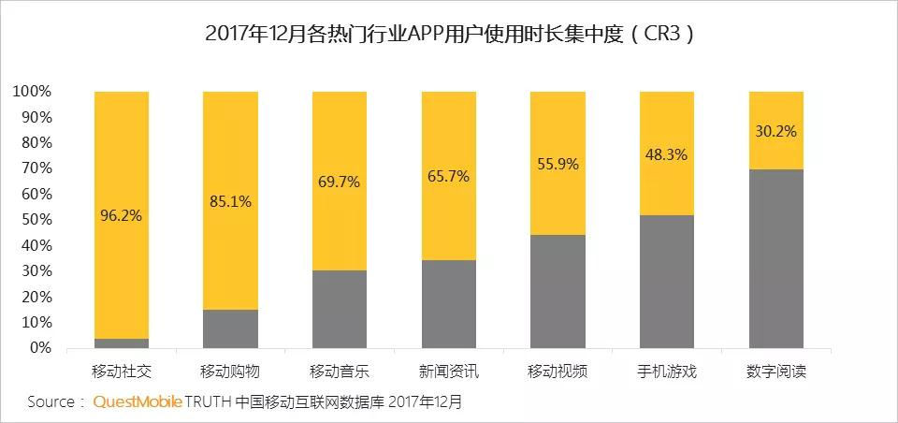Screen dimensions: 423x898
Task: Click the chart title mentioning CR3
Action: coord(450,36)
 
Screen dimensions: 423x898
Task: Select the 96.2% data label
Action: coord(122,215)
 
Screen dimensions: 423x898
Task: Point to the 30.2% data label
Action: coord(775,131)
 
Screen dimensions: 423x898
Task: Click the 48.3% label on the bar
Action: coord(666,155)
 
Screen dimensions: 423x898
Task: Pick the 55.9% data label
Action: coord(558,163)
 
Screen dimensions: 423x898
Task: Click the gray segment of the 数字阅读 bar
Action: coord(775,258)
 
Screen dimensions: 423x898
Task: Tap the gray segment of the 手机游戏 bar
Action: coord(666,281)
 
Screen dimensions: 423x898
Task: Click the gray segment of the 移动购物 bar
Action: coord(230,328)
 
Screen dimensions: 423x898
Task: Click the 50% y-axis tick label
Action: coord(35,220)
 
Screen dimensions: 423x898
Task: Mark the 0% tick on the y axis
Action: coord(38,348)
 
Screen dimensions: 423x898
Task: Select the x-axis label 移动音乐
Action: coord(340,371)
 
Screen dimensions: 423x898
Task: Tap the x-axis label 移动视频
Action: coord(558,371)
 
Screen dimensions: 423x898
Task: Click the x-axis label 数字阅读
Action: coord(775,371)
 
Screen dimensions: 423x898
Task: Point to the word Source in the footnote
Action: coord(50,401)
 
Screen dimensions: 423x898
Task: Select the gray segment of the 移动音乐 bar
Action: coord(340,309)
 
